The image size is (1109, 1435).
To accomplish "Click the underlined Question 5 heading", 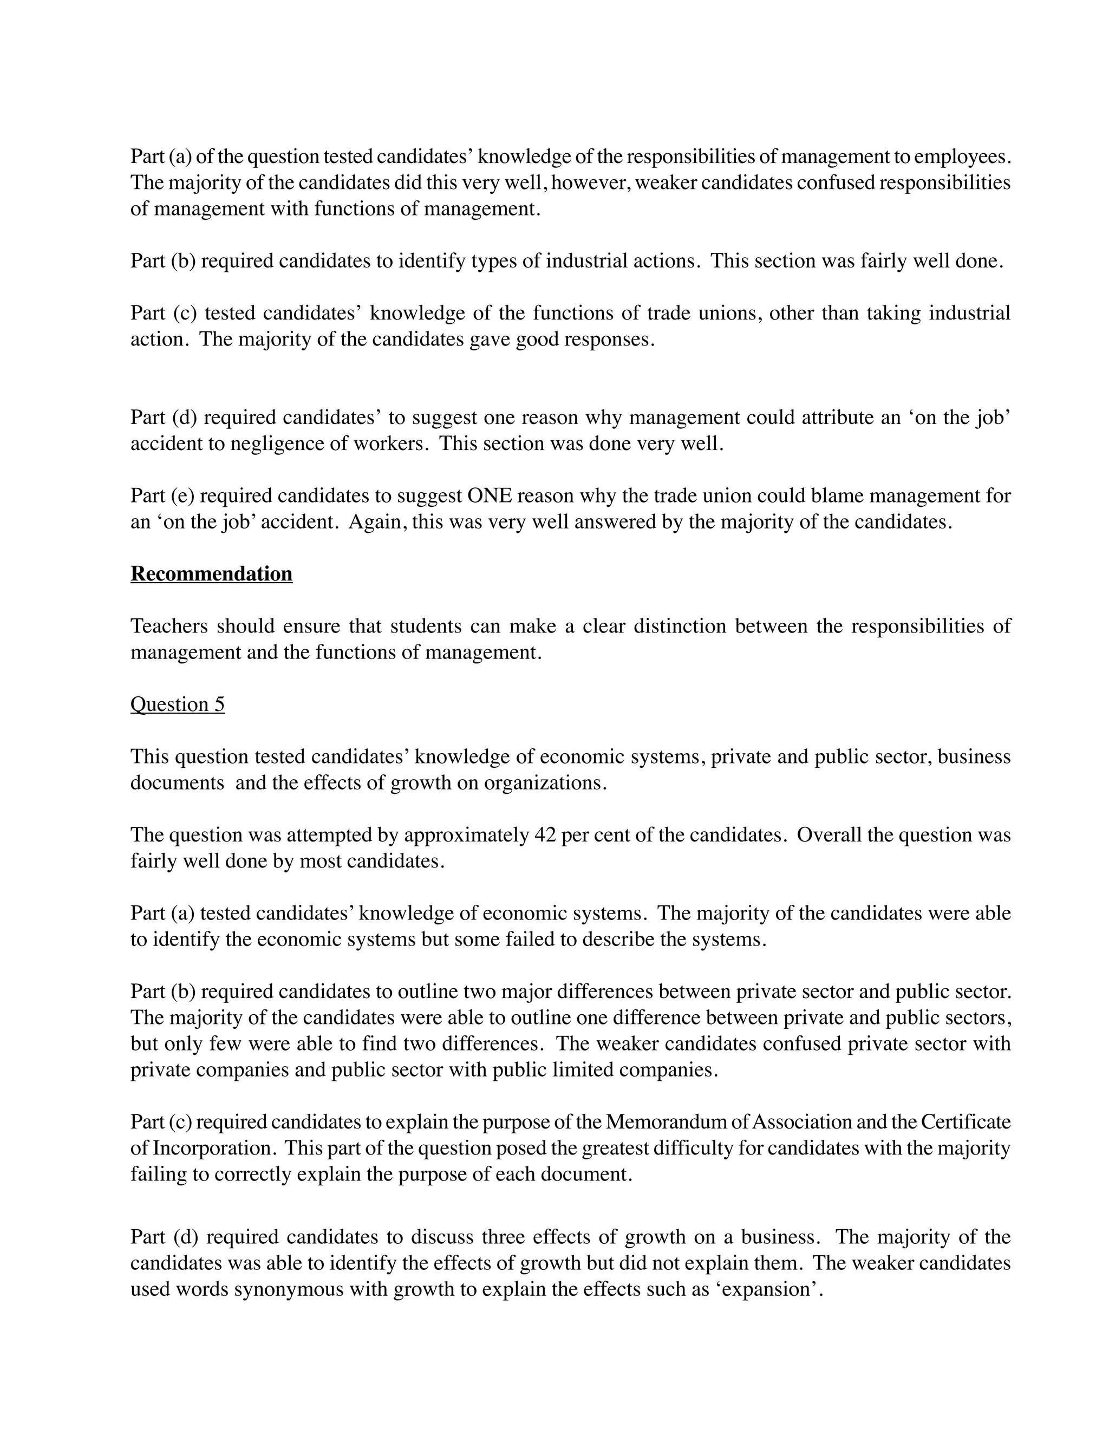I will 178,705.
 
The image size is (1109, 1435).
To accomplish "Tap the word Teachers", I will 169,626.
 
